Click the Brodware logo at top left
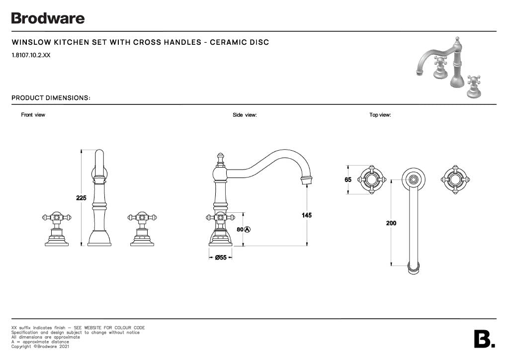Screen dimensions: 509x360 48,18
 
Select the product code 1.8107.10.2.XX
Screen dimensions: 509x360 31,55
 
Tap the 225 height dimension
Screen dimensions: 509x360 81,198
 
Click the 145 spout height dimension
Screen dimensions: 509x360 306,215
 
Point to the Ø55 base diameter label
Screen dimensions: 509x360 221,258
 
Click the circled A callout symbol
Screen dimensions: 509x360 248,230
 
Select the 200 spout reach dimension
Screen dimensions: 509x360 391,223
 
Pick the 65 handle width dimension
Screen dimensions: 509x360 348,180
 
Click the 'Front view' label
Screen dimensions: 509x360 33,115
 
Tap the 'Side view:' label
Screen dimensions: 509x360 245,115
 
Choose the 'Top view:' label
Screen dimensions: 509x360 380,115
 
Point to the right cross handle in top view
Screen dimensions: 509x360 455,180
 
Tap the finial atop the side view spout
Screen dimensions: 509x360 220,160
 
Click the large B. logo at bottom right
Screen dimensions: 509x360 485,339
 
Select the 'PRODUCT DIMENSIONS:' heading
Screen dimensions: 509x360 51,98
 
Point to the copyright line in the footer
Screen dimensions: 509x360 40,347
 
